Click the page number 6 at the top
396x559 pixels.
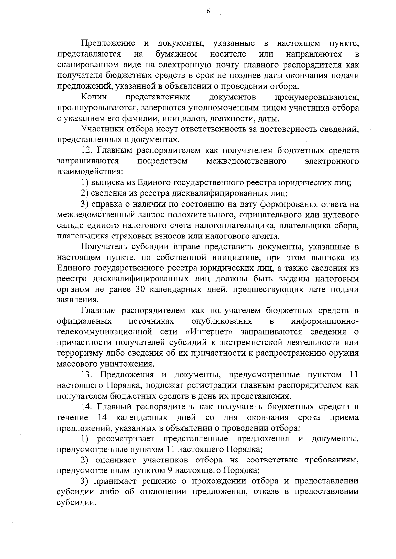tap(208, 11)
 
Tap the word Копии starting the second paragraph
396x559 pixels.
tap(94, 97)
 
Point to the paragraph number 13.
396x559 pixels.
tap(88, 375)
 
